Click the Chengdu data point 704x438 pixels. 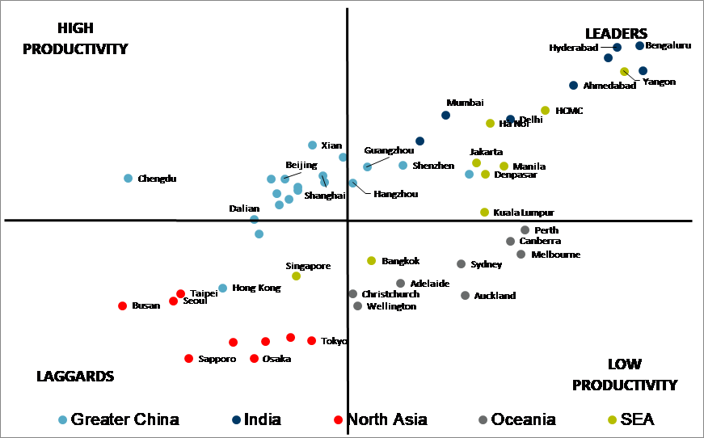[128, 178]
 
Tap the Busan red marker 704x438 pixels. [122, 305]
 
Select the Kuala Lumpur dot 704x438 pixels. [484, 212]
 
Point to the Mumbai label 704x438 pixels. [465, 103]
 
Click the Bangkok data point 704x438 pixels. [371, 260]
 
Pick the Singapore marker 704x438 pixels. [296, 276]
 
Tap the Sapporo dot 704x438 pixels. [188, 358]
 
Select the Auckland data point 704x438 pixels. [465, 295]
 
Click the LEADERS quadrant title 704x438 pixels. [616, 33]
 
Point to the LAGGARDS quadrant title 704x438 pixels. [75, 377]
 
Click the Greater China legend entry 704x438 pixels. [119, 419]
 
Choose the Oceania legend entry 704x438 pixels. [517, 419]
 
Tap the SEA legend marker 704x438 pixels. [612, 419]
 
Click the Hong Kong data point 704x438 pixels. [222, 288]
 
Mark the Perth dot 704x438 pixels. [525, 230]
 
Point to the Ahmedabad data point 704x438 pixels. [573, 85]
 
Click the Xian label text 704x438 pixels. [331, 145]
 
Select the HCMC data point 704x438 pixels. [545, 110]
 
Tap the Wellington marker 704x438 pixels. [357, 305]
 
